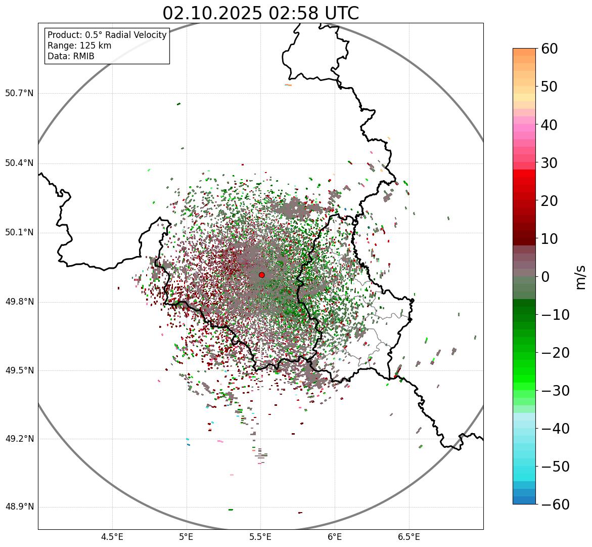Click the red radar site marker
(261, 275)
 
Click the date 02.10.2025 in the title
(212, 13)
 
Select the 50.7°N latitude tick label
(19, 93)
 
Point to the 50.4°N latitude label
(19, 163)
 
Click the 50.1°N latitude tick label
(19, 233)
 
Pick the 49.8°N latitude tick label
(19, 302)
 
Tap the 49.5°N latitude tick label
(19, 370)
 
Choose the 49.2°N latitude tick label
(19, 439)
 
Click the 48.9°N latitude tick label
(19, 507)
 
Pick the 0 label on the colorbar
(545, 277)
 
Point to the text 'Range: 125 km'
(79, 46)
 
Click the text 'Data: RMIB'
(71, 56)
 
